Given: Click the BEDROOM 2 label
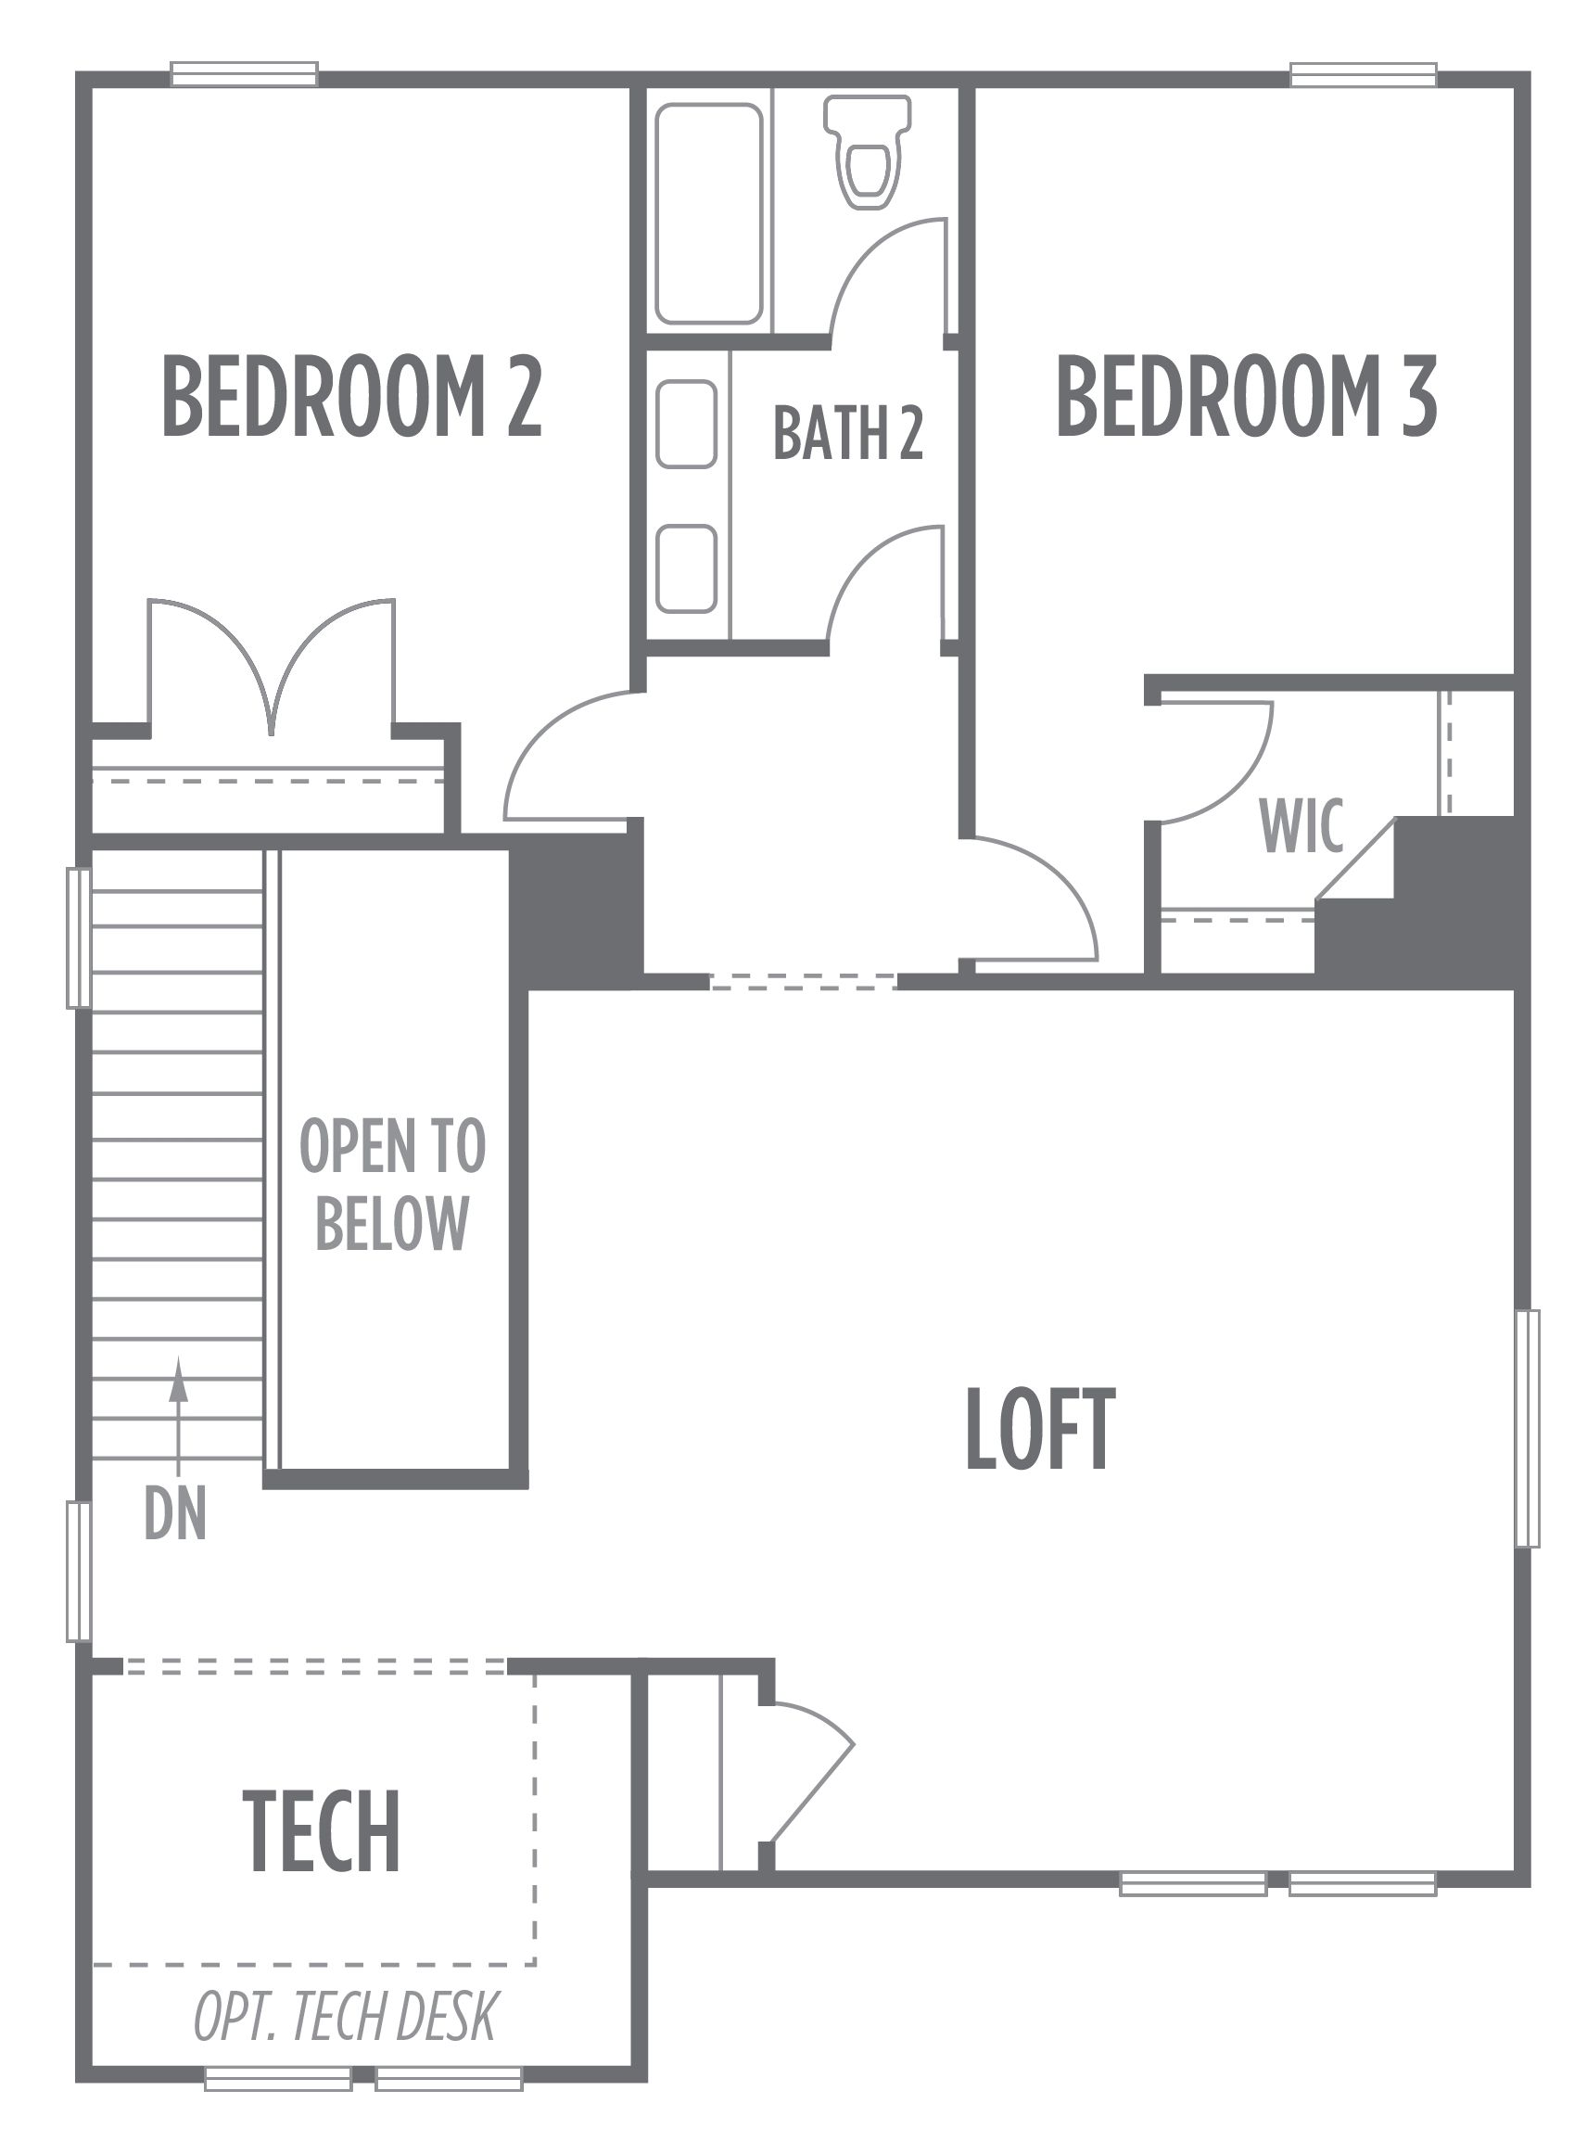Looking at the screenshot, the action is point(352,396).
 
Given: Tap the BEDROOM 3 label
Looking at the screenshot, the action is point(1247,396).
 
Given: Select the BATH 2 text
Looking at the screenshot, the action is point(848,432).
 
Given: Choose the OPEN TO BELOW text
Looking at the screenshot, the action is point(393,1184).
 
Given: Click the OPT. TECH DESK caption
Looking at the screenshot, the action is point(346,2018).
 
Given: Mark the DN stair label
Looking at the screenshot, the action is point(176,1513).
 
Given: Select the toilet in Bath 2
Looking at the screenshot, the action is point(868,151).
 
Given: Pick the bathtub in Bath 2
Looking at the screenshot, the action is point(709,213).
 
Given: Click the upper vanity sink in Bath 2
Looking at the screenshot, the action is point(687,424).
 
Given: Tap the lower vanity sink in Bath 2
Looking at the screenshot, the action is point(687,568).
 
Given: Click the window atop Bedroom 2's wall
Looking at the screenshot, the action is point(244,74).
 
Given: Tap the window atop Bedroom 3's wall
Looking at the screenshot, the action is point(1364,74).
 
